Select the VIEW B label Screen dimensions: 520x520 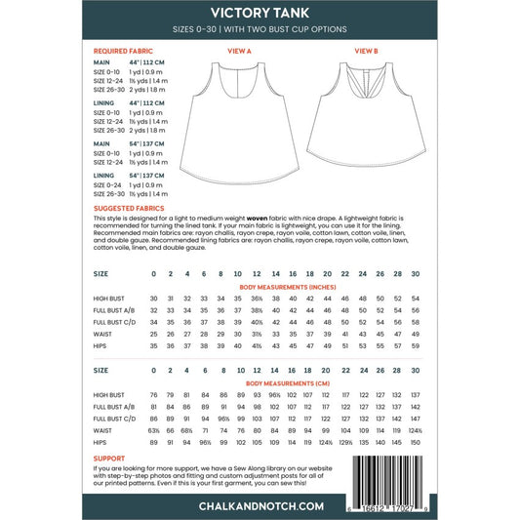pyautogui.click(x=366, y=49)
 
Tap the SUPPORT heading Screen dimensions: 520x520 pyautogui.click(x=109, y=456)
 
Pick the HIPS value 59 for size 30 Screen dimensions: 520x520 pyautogui.click(x=417, y=346)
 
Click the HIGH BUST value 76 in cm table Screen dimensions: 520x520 pyautogui.click(x=154, y=396)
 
